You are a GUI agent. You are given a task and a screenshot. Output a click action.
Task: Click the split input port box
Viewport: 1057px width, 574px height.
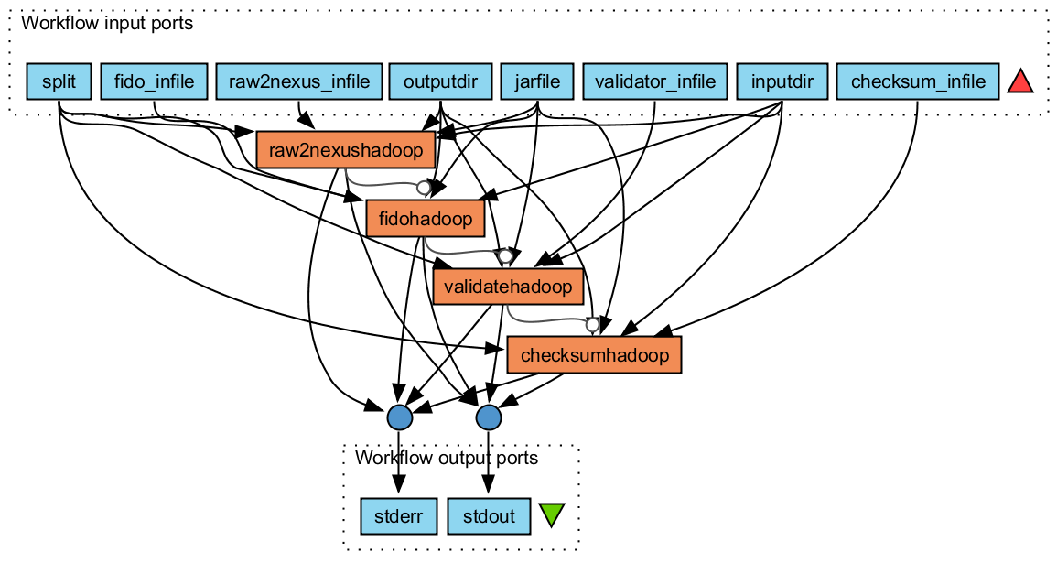coord(59,81)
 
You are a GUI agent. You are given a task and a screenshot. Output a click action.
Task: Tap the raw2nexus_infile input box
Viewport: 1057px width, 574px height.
coord(299,81)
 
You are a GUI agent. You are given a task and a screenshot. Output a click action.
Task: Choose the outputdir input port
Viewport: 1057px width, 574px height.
coord(440,81)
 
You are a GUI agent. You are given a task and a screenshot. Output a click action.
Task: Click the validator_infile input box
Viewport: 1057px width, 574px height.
coord(654,81)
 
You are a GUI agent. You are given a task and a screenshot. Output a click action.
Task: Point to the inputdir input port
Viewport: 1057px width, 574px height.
coord(782,81)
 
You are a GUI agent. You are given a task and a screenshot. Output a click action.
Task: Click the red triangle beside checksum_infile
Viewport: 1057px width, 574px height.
coord(1020,82)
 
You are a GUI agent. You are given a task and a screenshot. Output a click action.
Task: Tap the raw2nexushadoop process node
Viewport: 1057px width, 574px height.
coord(346,150)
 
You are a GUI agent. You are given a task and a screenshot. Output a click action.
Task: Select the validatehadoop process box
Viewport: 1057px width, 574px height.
coord(509,287)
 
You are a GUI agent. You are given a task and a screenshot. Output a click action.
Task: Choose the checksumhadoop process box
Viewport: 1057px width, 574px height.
coord(594,354)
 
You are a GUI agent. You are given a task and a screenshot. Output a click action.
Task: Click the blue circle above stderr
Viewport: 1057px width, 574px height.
coord(399,417)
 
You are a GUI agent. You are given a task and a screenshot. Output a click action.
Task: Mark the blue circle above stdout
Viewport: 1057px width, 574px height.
coord(489,417)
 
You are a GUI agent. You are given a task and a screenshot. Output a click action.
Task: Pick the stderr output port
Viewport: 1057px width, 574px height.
coord(398,517)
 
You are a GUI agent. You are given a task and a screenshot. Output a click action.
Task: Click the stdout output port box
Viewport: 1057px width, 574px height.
coord(488,517)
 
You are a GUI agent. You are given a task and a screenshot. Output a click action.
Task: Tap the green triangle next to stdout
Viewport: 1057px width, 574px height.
coord(551,515)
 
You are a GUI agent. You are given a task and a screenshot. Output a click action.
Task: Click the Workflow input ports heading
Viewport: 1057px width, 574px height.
coord(106,24)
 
